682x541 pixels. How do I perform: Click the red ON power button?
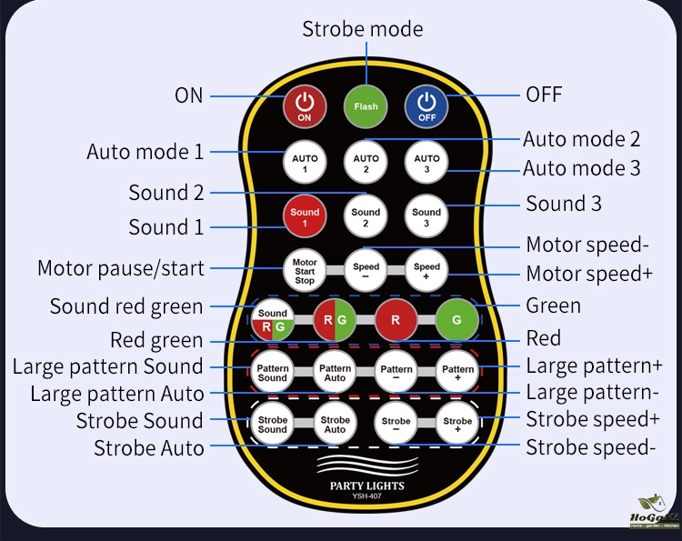coord(305,105)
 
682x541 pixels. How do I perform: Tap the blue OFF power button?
coord(426,105)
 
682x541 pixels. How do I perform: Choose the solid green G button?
coord(456,320)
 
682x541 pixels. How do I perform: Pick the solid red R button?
coord(396,320)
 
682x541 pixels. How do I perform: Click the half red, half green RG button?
coord(334,320)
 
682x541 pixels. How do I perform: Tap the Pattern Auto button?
coord(334,372)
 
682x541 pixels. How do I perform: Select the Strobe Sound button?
coord(273,424)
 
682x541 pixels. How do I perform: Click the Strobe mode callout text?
coord(362,29)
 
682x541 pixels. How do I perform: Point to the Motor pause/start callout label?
coord(121,269)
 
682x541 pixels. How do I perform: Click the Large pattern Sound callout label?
coord(107,367)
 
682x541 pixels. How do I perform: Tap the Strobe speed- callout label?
coord(590,447)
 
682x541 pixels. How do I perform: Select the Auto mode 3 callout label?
coord(581,168)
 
